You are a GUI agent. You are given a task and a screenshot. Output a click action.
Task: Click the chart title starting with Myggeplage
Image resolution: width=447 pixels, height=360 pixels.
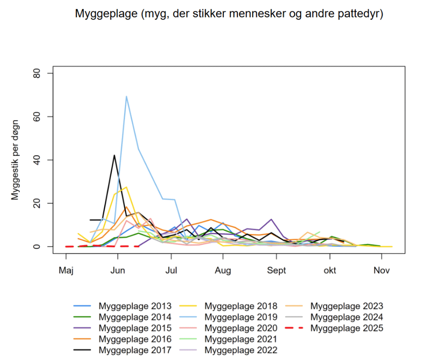click(x=229, y=14)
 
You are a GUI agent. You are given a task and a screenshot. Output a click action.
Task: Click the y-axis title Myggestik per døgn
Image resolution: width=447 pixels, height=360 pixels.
click(x=16, y=160)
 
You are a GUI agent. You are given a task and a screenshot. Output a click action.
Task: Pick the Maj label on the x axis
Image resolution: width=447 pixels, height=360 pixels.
click(x=66, y=270)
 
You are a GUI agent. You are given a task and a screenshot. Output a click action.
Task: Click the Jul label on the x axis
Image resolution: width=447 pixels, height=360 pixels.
click(x=171, y=270)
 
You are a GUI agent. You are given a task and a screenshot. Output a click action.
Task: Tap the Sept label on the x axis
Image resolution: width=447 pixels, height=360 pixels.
click(x=276, y=270)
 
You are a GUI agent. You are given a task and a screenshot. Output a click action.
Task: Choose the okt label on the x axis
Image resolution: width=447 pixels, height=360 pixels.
click(x=330, y=270)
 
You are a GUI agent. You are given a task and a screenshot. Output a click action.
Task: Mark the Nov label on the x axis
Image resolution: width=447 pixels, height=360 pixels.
click(x=382, y=270)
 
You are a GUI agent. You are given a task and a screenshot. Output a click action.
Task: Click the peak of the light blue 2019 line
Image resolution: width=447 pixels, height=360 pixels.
click(x=127, y=97)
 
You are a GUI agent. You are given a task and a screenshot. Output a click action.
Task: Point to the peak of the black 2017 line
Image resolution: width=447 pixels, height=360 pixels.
click(x=114, y=155)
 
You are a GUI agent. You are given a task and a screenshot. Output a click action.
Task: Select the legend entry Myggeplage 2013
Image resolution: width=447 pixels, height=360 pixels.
click(x=135, y=306)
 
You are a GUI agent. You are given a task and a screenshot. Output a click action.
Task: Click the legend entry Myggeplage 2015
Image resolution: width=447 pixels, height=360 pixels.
click(x=135, y=328)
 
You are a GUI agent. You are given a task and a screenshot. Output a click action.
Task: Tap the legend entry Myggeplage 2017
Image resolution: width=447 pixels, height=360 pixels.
click(x=135, y=350)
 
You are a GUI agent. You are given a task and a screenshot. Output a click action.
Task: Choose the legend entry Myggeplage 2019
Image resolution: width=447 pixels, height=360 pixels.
click(x=241, y=317)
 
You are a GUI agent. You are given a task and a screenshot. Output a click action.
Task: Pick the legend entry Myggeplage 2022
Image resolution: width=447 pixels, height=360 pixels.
click(x=241, y=350)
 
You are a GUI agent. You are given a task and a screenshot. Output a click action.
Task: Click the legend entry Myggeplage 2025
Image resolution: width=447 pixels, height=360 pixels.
click(x=347, y=328)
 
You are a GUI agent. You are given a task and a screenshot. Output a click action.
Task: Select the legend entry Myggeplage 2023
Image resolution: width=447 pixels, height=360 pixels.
click(x=347, y=306)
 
